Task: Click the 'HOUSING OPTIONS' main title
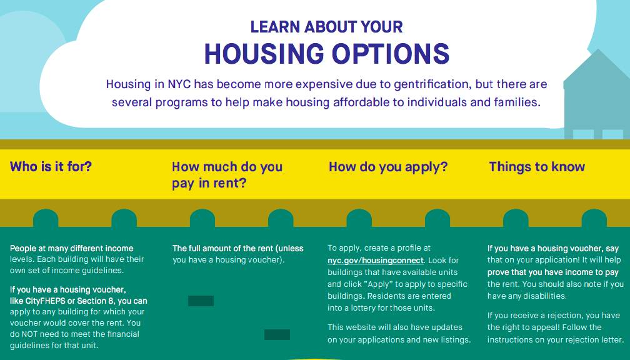(327, 54)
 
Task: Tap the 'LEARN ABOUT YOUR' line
(327, 27)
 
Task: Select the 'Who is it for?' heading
(51, 166)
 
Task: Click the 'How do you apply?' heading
(388, 167)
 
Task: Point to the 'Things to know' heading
(537, 166)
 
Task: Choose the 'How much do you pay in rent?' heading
(227, 175)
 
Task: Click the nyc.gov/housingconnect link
(375, 261)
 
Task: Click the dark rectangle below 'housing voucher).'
(201, 301)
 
